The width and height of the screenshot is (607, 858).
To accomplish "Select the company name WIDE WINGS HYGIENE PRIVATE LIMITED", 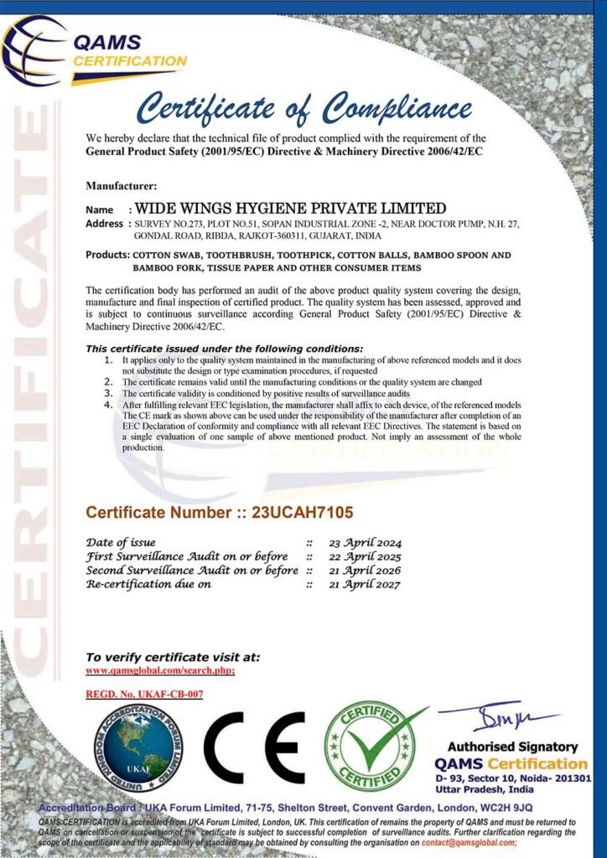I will (291, 208).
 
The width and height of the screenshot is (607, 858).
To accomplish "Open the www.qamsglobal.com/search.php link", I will (160, 670).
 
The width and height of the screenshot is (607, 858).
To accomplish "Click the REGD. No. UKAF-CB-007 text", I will (144, 694).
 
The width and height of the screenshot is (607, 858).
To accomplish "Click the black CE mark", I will (254, 747).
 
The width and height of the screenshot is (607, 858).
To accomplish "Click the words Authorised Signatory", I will (512, 747).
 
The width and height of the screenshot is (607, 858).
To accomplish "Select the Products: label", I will (107, 255).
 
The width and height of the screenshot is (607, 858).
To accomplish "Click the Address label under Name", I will (105, 224).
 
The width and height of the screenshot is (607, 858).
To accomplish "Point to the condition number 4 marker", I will (107, 404).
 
